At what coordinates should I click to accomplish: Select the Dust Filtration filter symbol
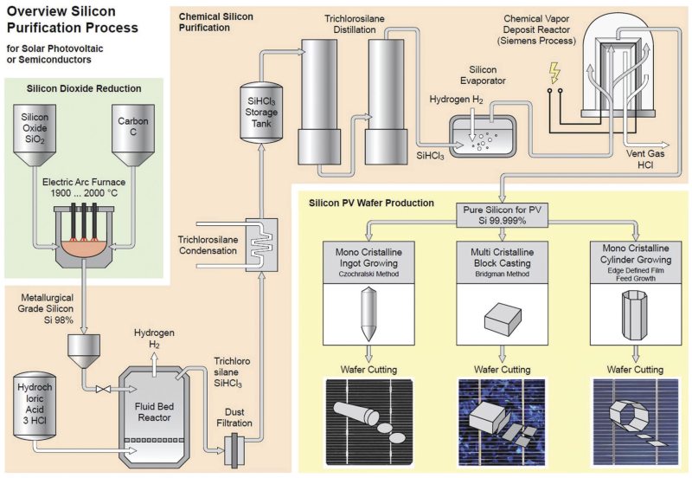click(x=236, y=449)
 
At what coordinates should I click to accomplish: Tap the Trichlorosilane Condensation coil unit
click(x=263, y=236)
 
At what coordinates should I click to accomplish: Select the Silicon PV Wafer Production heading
click(x=371, y=203)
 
